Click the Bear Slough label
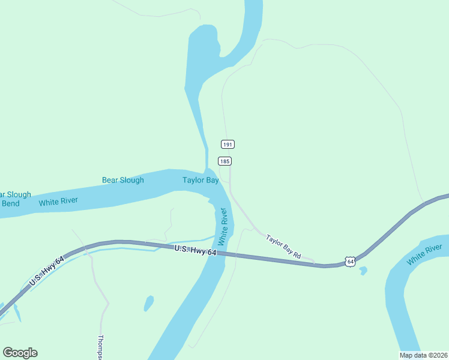[x=122, y=180]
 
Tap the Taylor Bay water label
[x=200, y=180]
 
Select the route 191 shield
[x=228, y=144]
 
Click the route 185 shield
[x=224, y=161]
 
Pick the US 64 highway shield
[x=351, y=261]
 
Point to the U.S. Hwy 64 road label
[x=195, y=251]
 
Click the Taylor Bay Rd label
[x=283, y=247]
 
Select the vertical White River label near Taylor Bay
[x=223, y=227]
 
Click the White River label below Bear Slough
[x=58, y=202]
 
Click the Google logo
[x=20, y=353]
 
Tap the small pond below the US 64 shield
[x=363, y=271]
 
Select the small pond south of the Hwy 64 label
[x=148, y=303]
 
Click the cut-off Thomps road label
[x=101, y=347]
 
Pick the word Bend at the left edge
[x=10, y=203]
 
